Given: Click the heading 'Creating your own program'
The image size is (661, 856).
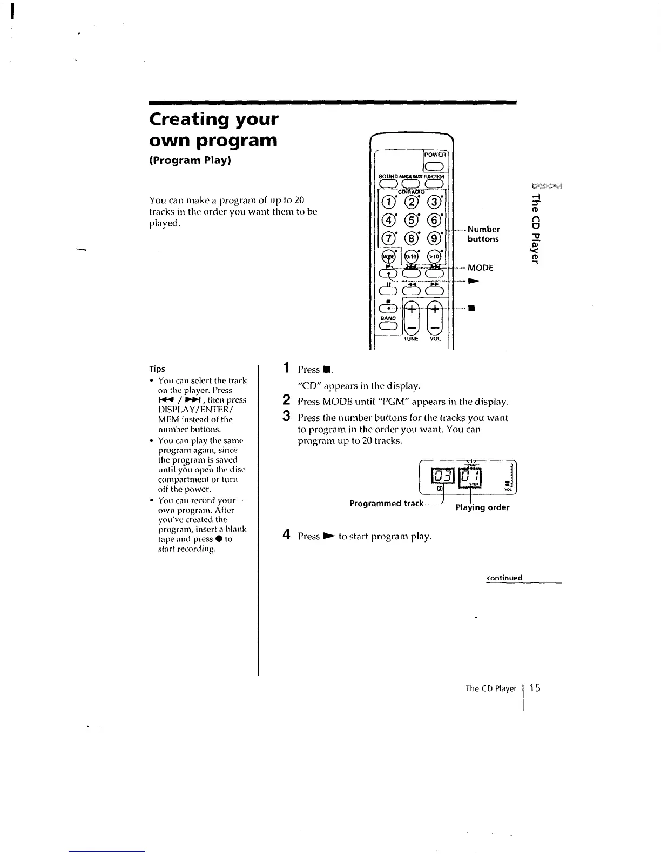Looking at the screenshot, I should click(x=214, y=130).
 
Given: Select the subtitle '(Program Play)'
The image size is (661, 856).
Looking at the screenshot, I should click(x=190, y=160).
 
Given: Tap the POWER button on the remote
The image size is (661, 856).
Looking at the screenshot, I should click(x=434, y=166).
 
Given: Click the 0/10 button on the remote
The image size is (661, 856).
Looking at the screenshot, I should click(x=411, y=257).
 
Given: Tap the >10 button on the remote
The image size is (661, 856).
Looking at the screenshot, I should click(x=434, y=257).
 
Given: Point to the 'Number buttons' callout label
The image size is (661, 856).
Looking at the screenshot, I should click(x=483, y=234).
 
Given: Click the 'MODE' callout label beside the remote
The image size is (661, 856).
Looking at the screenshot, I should click(x=480, y=267).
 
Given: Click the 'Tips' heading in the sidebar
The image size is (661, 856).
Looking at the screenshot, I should click(x=157, y=369).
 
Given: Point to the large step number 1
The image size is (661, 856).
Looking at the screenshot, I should click(x=286, y=369).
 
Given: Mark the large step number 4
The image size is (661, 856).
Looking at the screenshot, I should click(x=287, y=536).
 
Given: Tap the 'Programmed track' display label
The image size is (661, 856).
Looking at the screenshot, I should click(x=386, y=504).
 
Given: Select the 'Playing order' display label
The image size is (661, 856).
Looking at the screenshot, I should click(x=482, y=507).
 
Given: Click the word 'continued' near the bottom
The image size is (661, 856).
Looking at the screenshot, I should click(x=504, y=578).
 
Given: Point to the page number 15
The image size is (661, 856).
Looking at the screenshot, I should click(x=535, y=688).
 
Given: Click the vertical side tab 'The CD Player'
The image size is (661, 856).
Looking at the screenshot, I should click(x=535, y=228).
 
